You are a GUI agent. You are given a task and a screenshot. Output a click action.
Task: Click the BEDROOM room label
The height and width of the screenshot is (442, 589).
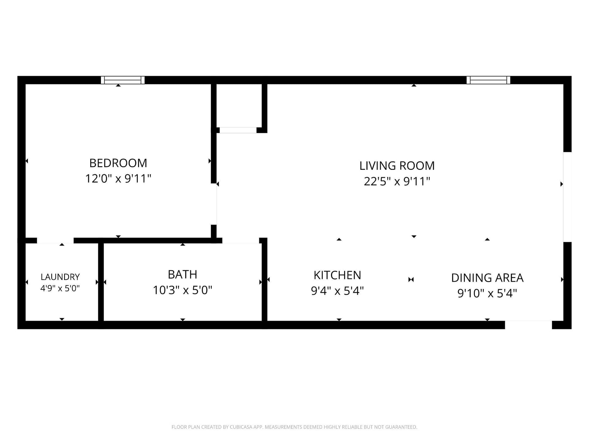[x=118, y=163]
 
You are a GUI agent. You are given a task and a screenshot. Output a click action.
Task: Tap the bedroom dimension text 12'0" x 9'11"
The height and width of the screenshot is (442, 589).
[x=118, y=178]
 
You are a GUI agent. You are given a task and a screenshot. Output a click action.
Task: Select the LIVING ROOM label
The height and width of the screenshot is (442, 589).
[x=397, y=166]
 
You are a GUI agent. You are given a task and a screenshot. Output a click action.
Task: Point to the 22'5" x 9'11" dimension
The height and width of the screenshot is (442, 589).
[x=397, y=181]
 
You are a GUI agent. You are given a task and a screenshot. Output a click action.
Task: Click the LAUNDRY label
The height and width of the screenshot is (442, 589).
[x=60, y=277]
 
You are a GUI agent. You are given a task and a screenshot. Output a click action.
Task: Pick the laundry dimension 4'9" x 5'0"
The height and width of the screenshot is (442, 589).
[x=60, y=288]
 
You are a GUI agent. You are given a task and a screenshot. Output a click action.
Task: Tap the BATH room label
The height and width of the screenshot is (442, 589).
[x=183, y=274]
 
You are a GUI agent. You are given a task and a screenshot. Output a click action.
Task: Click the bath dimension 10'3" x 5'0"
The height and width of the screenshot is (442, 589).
[x=183, y=290]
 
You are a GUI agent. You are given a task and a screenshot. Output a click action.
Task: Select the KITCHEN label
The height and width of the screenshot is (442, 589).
[x=337, y=275]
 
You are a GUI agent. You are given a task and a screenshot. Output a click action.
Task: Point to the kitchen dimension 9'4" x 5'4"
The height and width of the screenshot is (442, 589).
[x=337, y=291]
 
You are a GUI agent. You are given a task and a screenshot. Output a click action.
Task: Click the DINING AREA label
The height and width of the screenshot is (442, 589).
[x=487, y=278]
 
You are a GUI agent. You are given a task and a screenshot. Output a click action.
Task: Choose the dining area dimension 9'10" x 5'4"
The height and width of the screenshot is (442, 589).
[x=487, y=293]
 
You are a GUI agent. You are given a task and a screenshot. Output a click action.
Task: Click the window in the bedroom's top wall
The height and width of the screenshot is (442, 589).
[x=123, y=80]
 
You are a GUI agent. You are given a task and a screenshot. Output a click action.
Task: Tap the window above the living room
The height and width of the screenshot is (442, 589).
[x=488, y=80]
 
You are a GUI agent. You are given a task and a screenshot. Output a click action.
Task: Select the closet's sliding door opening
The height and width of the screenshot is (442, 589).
[x=238, y=130]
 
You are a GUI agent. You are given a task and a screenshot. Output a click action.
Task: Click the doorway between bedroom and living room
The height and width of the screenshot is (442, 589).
[x=214, y=204]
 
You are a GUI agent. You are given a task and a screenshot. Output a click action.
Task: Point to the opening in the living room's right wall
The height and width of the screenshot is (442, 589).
[x=568, y=197]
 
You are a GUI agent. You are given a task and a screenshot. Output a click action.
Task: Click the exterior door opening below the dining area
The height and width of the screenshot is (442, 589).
[x=529, y=325]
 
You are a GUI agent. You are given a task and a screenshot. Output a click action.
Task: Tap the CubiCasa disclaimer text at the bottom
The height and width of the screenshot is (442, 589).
[x=294, y=427]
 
